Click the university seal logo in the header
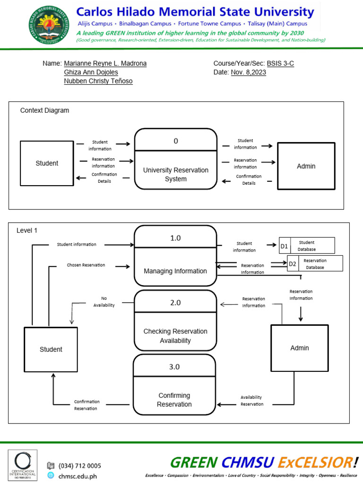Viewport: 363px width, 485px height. click(49, 25)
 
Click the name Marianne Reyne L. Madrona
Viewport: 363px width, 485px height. click(105, 63)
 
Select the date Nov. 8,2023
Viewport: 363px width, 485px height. click(248, 72)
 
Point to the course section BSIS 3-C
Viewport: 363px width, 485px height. click(280, 63)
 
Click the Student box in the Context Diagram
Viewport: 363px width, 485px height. click(47, 163)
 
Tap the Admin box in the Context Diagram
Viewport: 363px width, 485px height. click(306, 166)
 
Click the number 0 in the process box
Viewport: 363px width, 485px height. click(176, 141)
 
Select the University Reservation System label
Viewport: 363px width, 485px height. click(176, 174)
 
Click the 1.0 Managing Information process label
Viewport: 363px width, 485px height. click(175, 271)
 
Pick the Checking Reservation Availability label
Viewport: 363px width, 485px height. click(175, 336)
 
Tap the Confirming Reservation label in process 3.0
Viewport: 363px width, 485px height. click(174, 400)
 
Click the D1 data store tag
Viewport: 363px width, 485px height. click(284, 246)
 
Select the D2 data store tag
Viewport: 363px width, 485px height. click(293, 264)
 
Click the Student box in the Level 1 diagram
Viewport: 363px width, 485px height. click(51, 350)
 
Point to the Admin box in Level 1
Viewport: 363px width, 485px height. click(299, 348)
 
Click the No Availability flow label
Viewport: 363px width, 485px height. click(104, 302)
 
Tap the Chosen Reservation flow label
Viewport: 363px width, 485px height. click(86, 265)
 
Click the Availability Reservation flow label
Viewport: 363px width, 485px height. click(252, 401)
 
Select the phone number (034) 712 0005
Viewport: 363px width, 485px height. click(80, 466)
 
